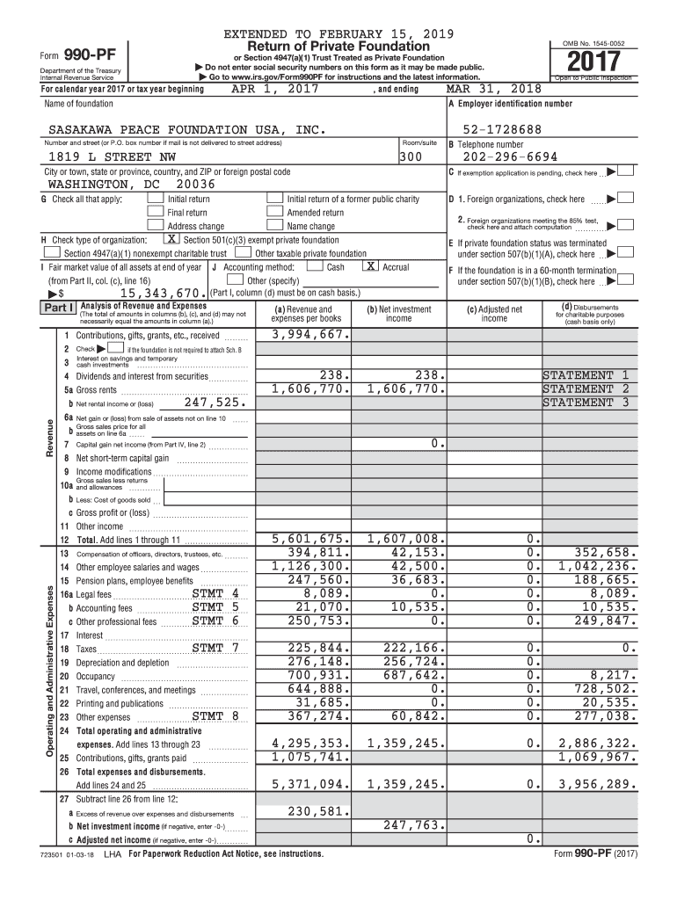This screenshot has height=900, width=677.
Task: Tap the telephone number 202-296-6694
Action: [504, 157]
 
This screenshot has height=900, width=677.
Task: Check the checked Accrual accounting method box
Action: [372, 266]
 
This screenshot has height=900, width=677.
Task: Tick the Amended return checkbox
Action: [275, 213]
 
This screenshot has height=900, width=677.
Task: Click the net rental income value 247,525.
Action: [215, 403]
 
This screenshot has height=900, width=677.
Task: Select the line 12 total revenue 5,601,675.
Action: [310, 539]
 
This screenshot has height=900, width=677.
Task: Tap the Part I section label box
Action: [57, 308]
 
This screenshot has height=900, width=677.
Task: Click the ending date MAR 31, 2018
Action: [493, 89]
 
